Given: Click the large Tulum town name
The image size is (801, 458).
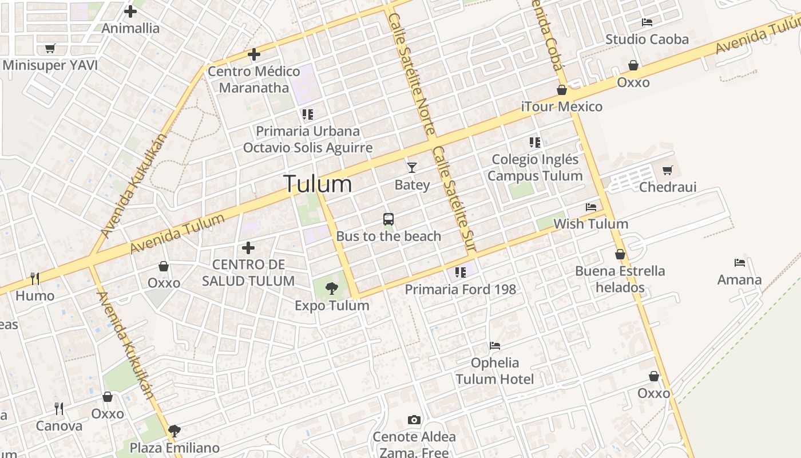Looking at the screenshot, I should (x=318, y=184).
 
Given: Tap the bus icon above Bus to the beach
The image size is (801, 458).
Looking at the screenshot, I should (x=388, y=219).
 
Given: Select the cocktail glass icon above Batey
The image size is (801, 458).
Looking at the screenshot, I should (x=412, y=168).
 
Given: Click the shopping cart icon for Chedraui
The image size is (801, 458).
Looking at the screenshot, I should (x=667, y=171).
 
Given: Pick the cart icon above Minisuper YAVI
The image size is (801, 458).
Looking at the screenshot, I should (x=50, y=49).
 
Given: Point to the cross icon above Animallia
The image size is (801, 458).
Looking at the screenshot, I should (x=130, y=11).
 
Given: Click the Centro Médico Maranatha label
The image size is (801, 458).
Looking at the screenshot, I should (x=253, y=80).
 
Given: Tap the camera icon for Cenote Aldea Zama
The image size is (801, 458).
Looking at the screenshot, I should (x=414, y=420).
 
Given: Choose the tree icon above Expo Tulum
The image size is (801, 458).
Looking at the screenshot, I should (x=331, y=288).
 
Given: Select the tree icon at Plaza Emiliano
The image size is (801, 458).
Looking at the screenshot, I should (x=175, y=431).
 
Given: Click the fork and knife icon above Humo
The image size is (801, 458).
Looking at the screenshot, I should (x=35, y=279).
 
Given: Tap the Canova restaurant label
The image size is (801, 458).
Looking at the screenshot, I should (x=59, y=426).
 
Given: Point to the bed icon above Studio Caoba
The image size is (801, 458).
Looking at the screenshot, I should (x=647, y=22).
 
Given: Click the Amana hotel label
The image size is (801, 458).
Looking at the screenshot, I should (x=740, y=280).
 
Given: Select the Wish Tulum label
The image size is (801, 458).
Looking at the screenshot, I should (x=590, y=224).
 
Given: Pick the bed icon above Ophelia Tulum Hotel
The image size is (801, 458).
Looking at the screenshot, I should (x=495, y=345).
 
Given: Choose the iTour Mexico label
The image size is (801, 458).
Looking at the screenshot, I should (x=562, y=106).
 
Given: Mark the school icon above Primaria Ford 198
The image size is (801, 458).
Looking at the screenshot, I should (x=461, y=272).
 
